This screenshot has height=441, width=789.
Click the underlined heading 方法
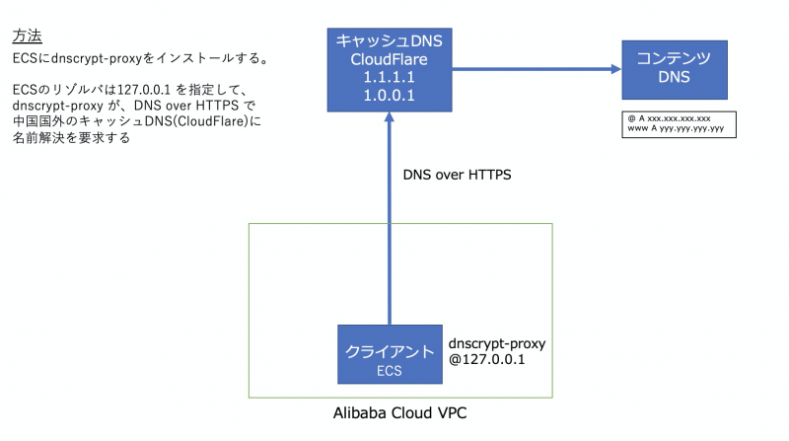27,37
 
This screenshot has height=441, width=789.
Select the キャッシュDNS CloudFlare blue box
389,69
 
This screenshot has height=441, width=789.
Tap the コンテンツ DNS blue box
675,69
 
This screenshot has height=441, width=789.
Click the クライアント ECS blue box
389,354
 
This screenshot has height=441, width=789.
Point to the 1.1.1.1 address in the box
389,77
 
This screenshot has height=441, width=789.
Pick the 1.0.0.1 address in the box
389,96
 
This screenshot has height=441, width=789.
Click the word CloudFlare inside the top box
389,58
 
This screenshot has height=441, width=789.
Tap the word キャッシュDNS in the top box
389,39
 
